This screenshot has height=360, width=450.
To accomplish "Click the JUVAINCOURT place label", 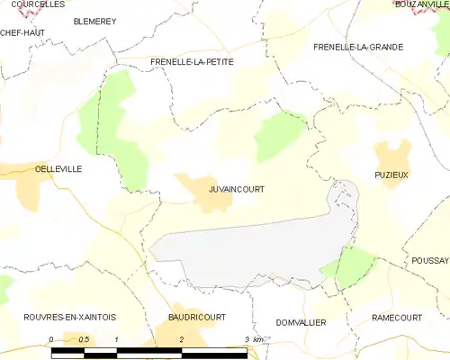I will point(237,189).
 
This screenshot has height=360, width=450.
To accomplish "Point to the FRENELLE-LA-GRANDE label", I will point(358,46).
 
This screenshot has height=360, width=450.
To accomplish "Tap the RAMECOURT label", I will point(397,319).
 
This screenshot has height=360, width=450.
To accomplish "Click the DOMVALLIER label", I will point(301,322).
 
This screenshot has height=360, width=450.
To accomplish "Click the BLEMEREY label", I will point(94,20).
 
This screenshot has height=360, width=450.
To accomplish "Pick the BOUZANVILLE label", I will point(422,4).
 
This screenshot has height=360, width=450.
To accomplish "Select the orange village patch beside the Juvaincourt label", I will point(200,192).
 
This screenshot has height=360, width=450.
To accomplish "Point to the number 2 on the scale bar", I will point(182,338).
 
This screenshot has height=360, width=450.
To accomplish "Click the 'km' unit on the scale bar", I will point(258,339).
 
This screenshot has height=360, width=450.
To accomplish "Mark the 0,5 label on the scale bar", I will point(84,338).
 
